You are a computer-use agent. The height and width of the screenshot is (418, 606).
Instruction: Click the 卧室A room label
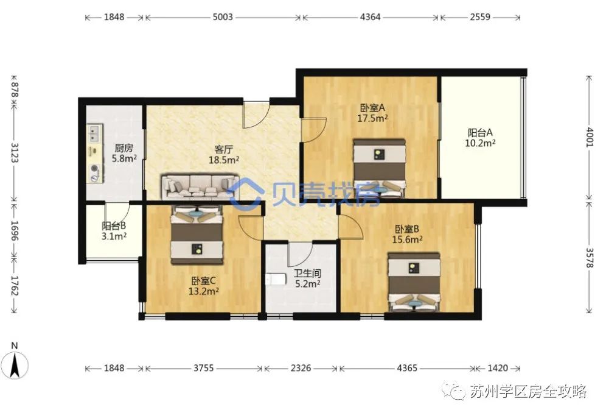pos(372,108)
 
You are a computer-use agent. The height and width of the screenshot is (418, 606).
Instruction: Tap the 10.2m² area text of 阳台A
pos(480,143)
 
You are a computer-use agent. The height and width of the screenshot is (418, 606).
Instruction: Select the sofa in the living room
pos(200,187)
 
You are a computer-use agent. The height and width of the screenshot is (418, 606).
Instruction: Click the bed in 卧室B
pos(414,282)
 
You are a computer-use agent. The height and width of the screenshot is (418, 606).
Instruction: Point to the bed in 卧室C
pos(197,235)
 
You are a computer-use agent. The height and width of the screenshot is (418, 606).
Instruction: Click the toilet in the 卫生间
pos(275,279)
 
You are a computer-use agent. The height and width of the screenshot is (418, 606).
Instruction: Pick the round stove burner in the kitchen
pos(94,169)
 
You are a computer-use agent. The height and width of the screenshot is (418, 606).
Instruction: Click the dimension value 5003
pos(223,17)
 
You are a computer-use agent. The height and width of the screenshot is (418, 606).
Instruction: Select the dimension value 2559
pos(480,17)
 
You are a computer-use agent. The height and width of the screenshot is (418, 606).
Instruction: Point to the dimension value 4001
pos(589,137)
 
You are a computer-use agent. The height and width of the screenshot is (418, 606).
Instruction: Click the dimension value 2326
pos(301,367)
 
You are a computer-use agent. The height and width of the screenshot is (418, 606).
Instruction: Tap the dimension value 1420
pos(498,367)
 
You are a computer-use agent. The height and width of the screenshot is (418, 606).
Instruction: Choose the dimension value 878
pos(15,90)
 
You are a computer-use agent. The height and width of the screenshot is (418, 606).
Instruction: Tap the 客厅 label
pos(224,149)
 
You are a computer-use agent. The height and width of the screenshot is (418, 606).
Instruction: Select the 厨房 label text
pos(124,148)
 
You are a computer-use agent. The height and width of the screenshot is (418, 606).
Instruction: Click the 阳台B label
pos(114,225)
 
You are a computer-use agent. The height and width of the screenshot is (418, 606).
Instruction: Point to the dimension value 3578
pos(589,258)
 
